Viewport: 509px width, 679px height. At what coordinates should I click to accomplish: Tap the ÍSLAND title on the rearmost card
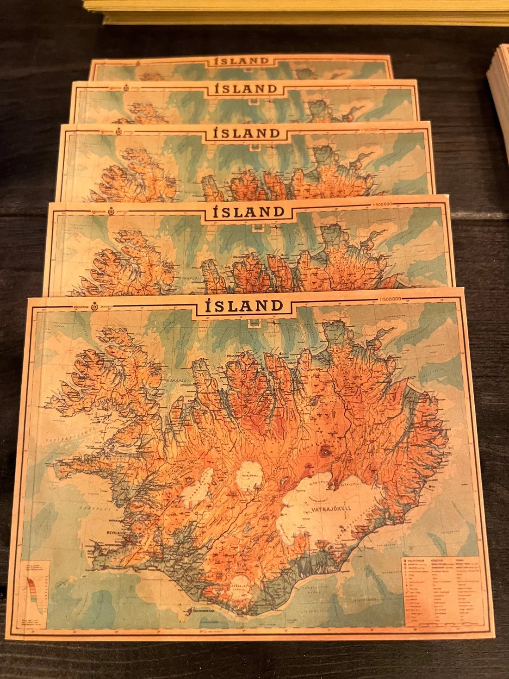coord(242,61)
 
